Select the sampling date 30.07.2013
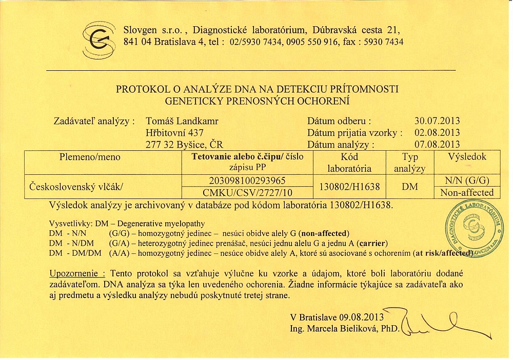tap(437, 122)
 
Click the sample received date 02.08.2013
tap(437, 133)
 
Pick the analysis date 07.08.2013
tap(437, 144)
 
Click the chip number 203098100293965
tap(248, 181)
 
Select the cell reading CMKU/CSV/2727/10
tap(248, 193)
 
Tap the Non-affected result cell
tap(467, 193)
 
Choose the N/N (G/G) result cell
tap(467, 181)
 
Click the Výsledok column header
tap(467, 157)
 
